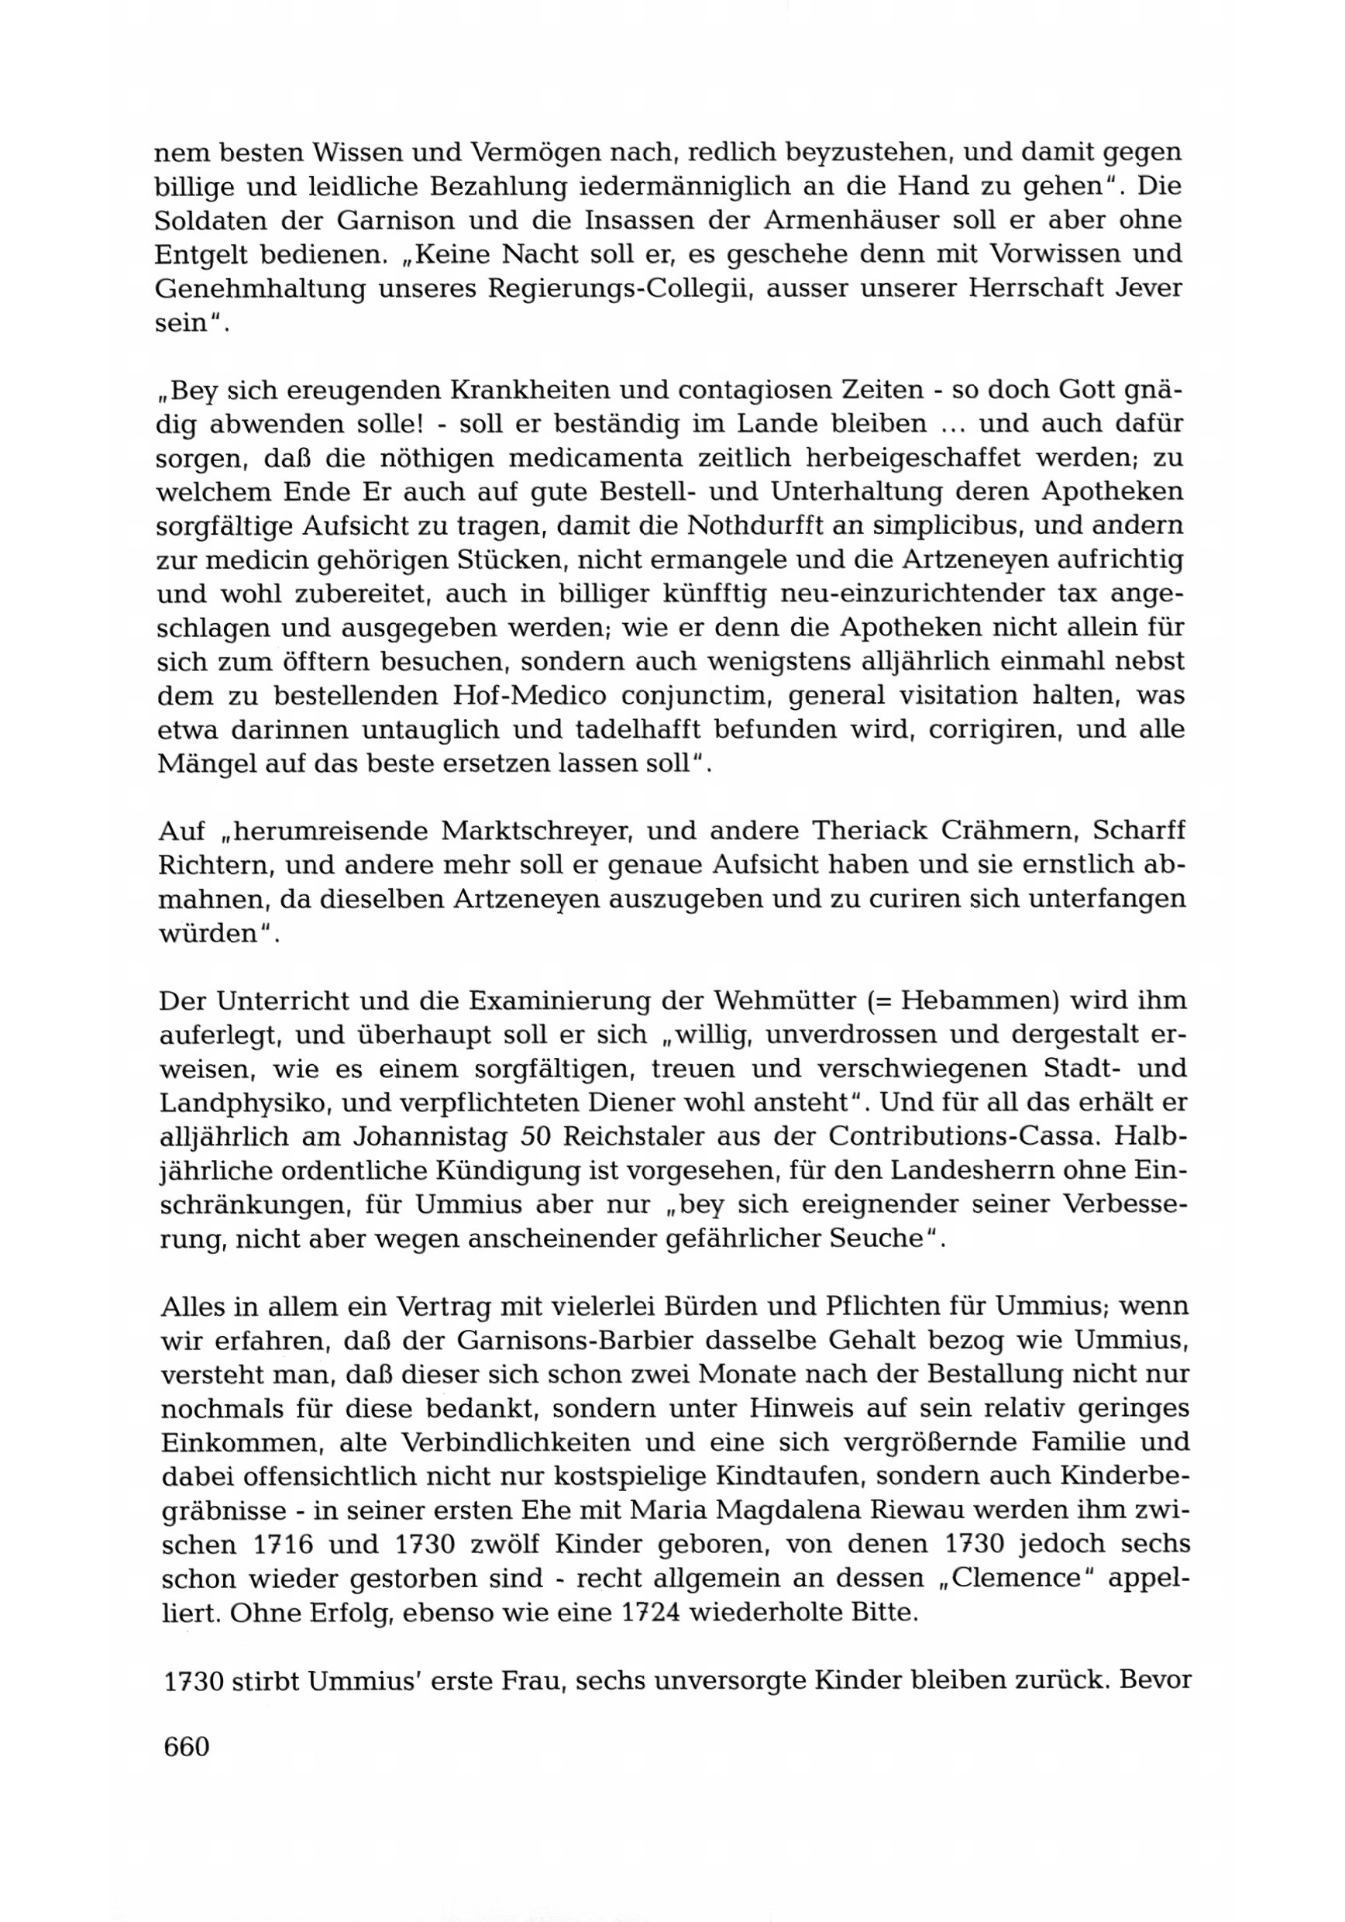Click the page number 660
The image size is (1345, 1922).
coord(187,1746)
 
